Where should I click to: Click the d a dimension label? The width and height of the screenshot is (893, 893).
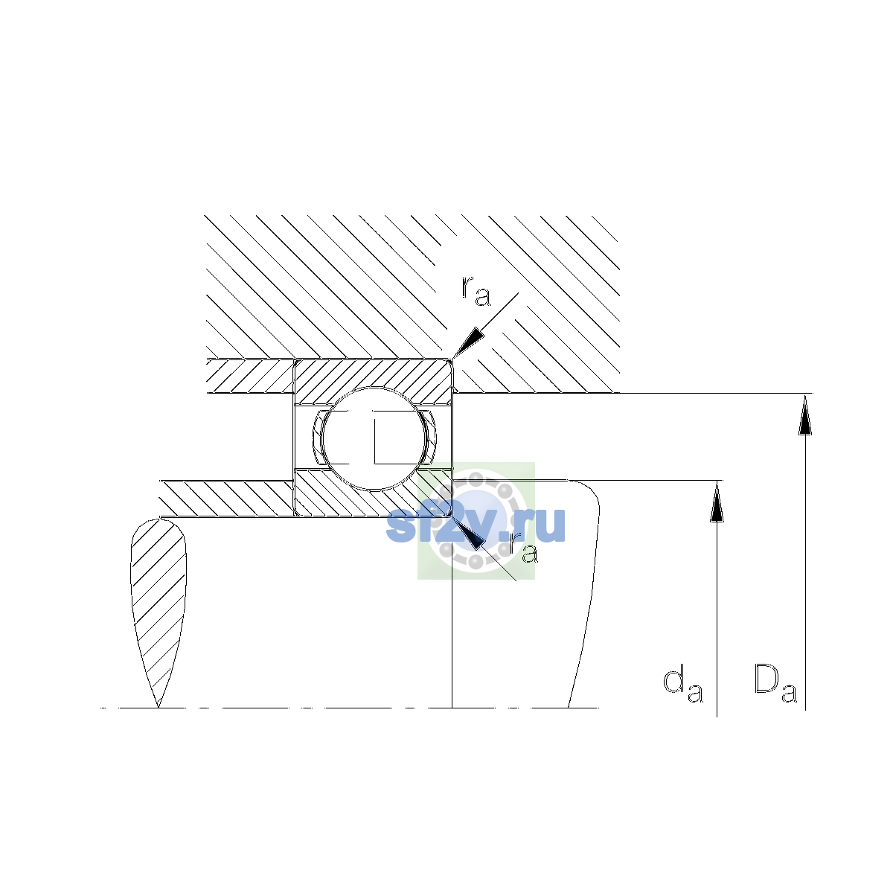pos(682,692)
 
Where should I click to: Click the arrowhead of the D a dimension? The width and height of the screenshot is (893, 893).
pos(805,415)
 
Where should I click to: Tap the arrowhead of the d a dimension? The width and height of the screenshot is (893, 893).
pos(717,502)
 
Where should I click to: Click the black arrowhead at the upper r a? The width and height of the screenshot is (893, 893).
pos(468,342)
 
